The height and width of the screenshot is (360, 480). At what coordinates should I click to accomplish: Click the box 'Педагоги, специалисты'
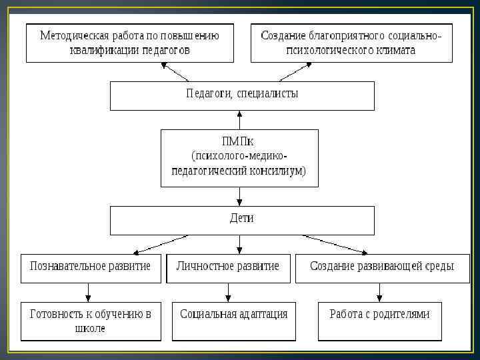click(x=241, y=95)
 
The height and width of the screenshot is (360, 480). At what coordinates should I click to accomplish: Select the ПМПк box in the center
click(x=239, y=157)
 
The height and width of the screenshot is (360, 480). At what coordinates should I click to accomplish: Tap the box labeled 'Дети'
click(x=241, y=219)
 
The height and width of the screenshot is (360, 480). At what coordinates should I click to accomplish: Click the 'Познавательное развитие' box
click(x=90, y=267)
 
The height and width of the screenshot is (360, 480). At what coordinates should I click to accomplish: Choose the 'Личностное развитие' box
click(x=228, y=267)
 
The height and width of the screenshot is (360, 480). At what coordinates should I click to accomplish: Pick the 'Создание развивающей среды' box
click(x=382, y=267)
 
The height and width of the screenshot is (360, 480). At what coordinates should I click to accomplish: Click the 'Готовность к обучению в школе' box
click(x=90, y=321)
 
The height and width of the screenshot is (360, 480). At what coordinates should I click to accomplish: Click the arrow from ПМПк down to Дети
click(x=239, y=197)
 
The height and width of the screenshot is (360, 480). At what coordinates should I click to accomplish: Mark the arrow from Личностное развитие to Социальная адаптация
click(x=228, y=291)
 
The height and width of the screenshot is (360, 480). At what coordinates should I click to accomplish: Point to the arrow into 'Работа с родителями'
click(x=380, y=291)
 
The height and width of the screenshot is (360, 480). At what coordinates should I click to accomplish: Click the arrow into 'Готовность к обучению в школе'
click(x=88, y=291)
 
